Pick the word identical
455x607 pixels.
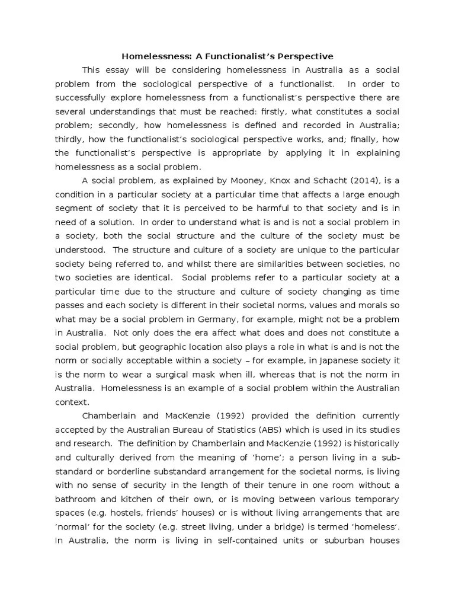148,277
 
